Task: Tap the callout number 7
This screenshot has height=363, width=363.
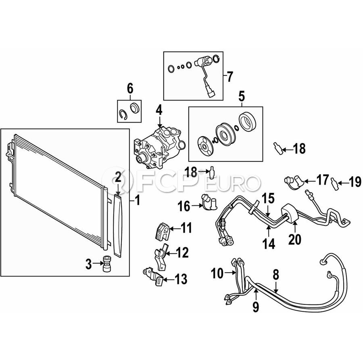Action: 229,77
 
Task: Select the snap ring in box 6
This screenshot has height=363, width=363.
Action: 122,115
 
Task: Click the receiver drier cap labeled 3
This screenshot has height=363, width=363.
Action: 107,263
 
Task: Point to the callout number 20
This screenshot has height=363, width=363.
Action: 295,239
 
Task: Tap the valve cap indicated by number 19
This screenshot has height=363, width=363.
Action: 335,184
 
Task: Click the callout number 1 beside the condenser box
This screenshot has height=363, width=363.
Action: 138,200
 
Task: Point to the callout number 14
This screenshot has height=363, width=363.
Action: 269,244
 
